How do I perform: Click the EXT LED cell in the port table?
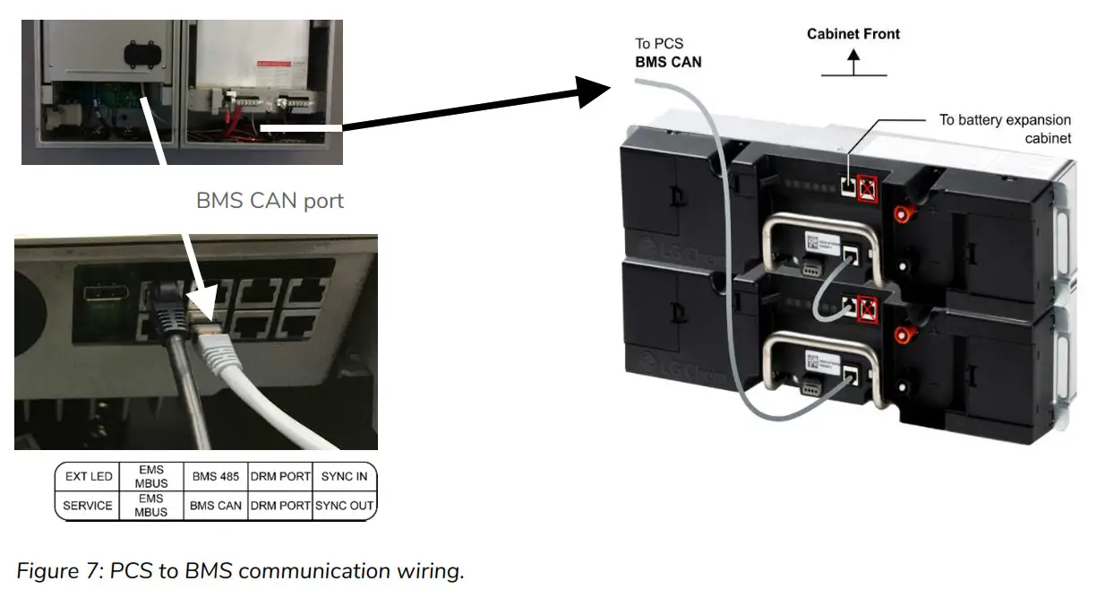click(89, 476)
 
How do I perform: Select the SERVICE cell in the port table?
click(88, 505)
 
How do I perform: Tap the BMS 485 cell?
click(215, 476)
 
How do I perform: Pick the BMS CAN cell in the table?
click(215, 505)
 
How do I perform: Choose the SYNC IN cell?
click(344, 476)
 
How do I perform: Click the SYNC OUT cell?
click(344, 505)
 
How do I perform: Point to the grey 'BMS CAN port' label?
click(270, 200)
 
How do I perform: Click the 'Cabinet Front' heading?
click(853, 34)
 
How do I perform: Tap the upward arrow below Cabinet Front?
click(853, 61)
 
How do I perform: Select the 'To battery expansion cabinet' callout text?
click(1005, 128)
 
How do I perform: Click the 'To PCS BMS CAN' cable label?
click(668, 53)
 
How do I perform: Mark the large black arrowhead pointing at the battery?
click(591, 91)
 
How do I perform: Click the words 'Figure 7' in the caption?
click(55, 571)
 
